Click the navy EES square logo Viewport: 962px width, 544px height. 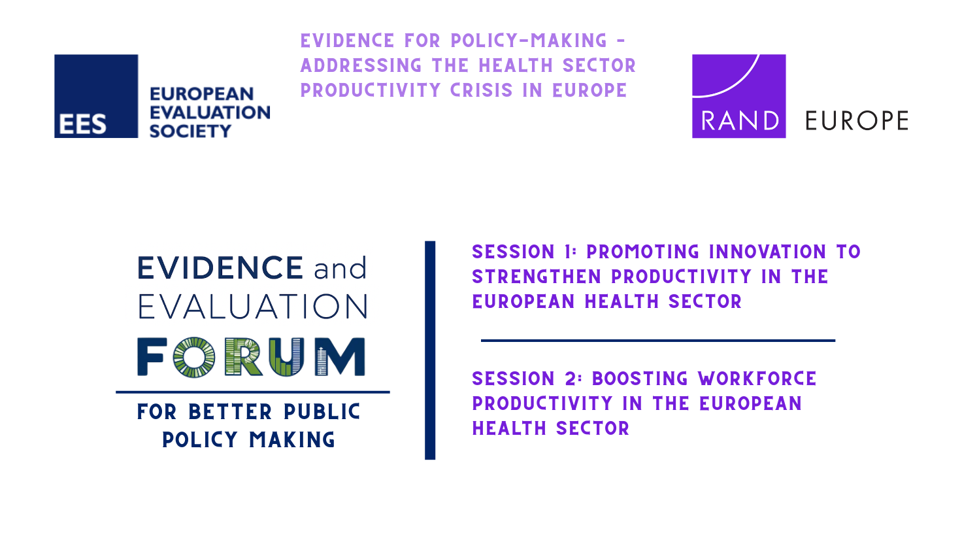point(96,96)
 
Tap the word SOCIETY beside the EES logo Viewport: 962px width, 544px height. point(190,131)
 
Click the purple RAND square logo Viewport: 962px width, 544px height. point(738,96)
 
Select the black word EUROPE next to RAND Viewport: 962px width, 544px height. point(857,121)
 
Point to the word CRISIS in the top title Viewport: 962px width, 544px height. point(482,90)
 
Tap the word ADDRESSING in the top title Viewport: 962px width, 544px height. point(361,66)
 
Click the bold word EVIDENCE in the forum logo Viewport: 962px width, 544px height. point(220,267)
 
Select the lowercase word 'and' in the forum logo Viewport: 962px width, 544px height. point(340,269)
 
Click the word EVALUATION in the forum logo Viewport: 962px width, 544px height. point(253,307)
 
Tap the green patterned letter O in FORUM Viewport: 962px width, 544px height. point(194,357)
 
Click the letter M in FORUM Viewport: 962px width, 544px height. point(340,357)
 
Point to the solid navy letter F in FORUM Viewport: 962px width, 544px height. point(152,357)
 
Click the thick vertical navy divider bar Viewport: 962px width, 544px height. point(430,350)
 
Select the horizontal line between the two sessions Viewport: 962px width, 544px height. point(658,341)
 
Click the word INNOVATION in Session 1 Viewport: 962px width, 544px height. point(767,252)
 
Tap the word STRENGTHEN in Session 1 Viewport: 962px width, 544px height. point(537,277)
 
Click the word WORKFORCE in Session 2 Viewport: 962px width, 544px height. point(757,379)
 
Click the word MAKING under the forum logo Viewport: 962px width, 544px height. point(292,440)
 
